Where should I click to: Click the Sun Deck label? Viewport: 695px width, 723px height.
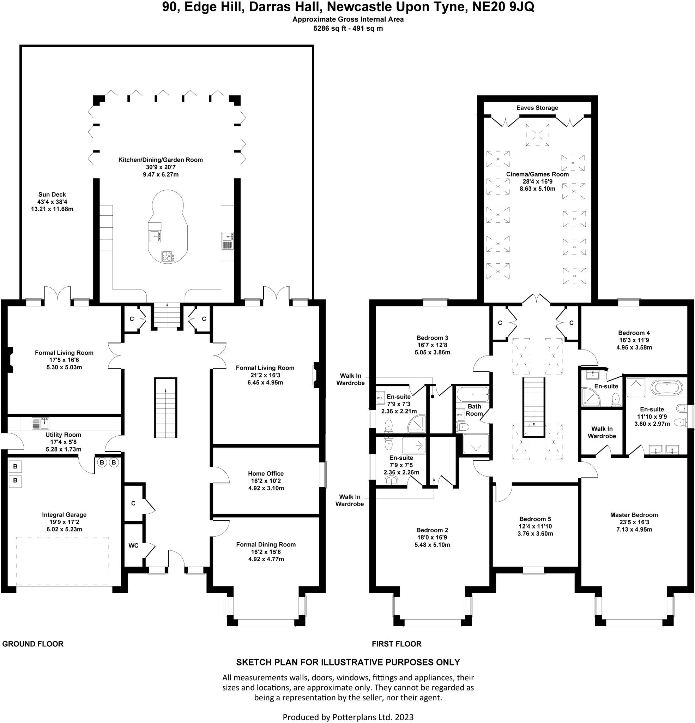click(x=52, y=195)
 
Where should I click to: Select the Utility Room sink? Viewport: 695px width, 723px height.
click(x=40, y=423)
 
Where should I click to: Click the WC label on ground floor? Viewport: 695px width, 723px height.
click(x=133, y=545)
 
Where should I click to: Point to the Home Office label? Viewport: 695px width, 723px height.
click(x=265, y=473)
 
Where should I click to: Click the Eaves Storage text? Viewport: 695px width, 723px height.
click(x=537, y=108)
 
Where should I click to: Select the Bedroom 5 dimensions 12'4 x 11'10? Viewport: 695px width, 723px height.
click(x=535, y=526)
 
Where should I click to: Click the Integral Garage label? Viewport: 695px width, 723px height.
click(x=64, y=515)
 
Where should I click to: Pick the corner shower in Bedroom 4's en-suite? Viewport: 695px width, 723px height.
click(x=591, y=397)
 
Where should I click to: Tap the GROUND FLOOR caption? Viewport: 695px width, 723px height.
click(x=33, y=644)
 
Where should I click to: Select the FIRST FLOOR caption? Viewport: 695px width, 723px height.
click(x=396, y=644)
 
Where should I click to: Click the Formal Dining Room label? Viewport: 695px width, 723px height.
click(x=266, y=544)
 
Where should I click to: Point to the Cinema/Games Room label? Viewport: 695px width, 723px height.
click(x=537, y=174)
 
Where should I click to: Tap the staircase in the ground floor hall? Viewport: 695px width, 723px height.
click(x=165, y=407)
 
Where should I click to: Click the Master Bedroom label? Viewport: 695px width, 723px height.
click(x=634, y=515)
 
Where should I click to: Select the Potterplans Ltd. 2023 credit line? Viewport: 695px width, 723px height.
click(x=348, y=717)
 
